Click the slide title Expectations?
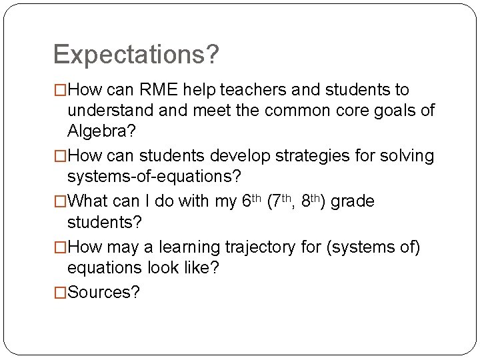coord(136,55)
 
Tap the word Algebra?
coord(101,131)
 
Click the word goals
coord(387,110)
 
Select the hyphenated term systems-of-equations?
coord(155,177)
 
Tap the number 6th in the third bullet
coord(251,201)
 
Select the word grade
coord(353,201)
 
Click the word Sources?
coord(104,292)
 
